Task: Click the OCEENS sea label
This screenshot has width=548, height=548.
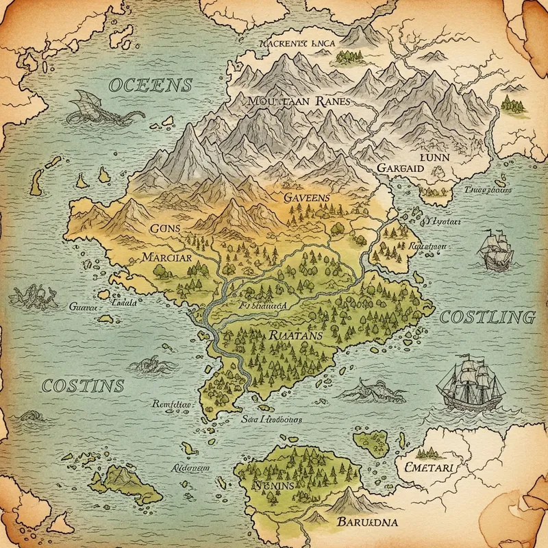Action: (x=149, y=86)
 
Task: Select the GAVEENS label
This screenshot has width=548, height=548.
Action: (x=306, y=197)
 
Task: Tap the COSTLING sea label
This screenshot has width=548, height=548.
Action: (x=486, y=317)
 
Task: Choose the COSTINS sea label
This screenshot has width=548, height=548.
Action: (x=82, y=385)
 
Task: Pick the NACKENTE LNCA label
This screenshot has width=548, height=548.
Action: (x=297, y=42)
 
